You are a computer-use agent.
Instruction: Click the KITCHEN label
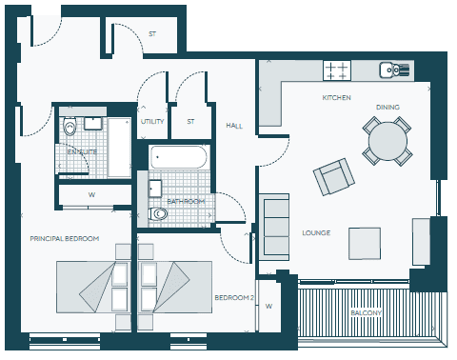pyautogui.click(x=336, y=98)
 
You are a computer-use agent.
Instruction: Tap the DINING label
pyautogui.click(x=387, y=108)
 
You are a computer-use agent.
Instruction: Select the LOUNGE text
pyautogui.click(x=316, y=233)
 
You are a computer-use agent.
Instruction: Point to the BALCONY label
pyautogui.click(x=366, y=313)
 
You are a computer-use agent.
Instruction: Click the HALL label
pyautogui.click(x=234, y=126)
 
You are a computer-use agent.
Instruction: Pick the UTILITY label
pyautogui.click(x=152, y=122)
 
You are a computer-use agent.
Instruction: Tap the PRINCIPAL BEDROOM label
pyautogui.click(x=65, y=238)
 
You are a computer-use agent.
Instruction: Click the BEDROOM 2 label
pyautogui.click(x=234, y=298)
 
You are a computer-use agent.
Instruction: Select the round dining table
pyautogui.click(x=387, y=141)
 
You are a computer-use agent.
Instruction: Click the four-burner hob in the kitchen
pyautogui.click(x=337, y=70)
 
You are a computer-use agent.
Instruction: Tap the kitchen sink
pyautogui.click(x=394, y=70)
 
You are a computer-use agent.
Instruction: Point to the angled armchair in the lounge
pyautogui.click(x=334, y=176)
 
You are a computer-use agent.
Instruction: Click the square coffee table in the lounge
pyautogui.click(x=365, y=244)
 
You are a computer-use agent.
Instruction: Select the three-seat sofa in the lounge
pyautogui.click(x=274, y=228)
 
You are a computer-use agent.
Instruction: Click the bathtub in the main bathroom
pyautogui.click(x=179, y=157)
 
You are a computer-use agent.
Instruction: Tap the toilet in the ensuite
pyautogui.click(x=70, y=126)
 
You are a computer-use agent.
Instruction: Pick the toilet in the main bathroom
pyautogui.click(x=158, y=213)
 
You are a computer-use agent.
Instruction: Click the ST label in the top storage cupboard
pyautogui.click(x=152, y=34)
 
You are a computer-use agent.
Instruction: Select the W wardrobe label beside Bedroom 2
pyautogui.click(x=268, y=307)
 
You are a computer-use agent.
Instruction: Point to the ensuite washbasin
pyautogui.click(x=93, y=123)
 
